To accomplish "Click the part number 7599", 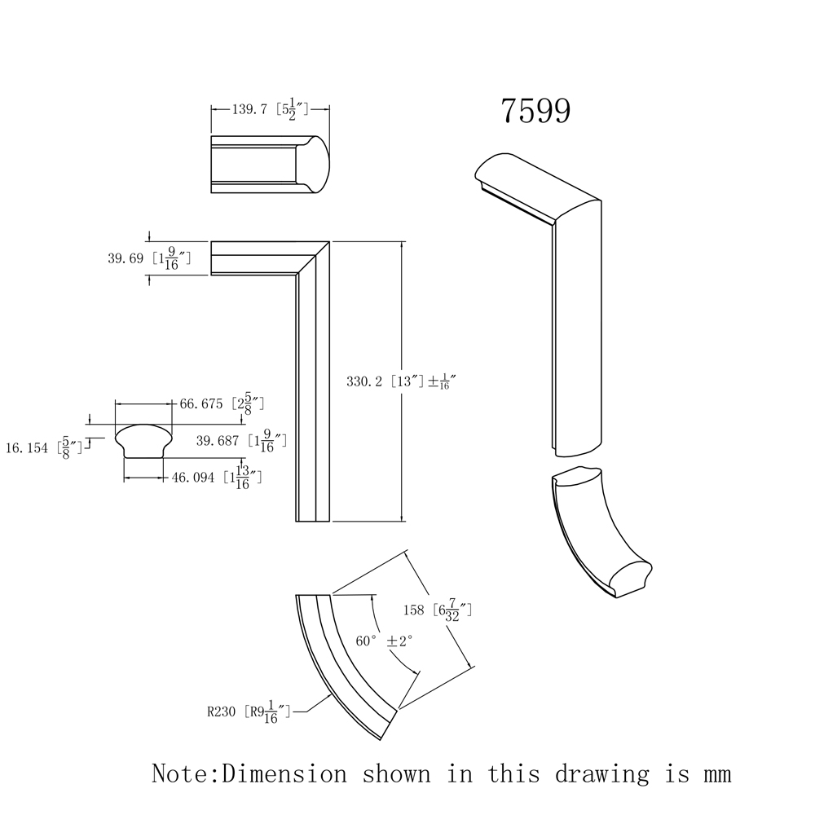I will point(535,112).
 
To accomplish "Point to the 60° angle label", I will point(366,641).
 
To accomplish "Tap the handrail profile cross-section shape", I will point(143,440).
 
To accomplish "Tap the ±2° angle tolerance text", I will point(400,641).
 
